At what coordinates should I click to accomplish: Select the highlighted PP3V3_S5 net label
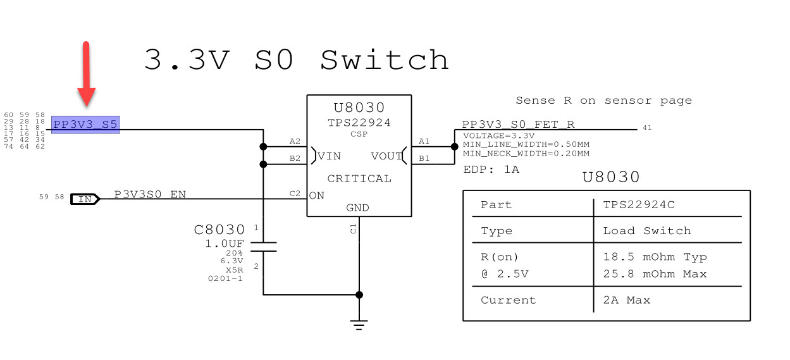[x=85, y=125]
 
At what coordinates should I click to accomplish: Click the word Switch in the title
[x=385, y=60]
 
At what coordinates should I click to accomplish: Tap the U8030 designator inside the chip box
[x=359, y=108]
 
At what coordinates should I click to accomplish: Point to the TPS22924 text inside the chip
[x=359, y=123]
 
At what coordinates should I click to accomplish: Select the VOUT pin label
[x=386, y=156]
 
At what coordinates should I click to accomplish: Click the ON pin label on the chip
[x=317, y=196]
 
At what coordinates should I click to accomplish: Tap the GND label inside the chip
[x=357, y=208]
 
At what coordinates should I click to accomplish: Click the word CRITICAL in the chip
[x=359, y=178]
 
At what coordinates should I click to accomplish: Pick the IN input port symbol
[x=85, y=199]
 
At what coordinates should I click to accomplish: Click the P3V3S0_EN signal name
[x=150, y=194]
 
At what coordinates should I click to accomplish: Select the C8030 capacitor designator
[x=219, y=230]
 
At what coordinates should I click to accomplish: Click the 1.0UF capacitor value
[x=225, y=244]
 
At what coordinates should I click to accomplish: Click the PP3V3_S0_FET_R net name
[x=518, y=125]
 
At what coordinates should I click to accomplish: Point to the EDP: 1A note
[x=491, y=170]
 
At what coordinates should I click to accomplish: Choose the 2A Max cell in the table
[x=626, y=300]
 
